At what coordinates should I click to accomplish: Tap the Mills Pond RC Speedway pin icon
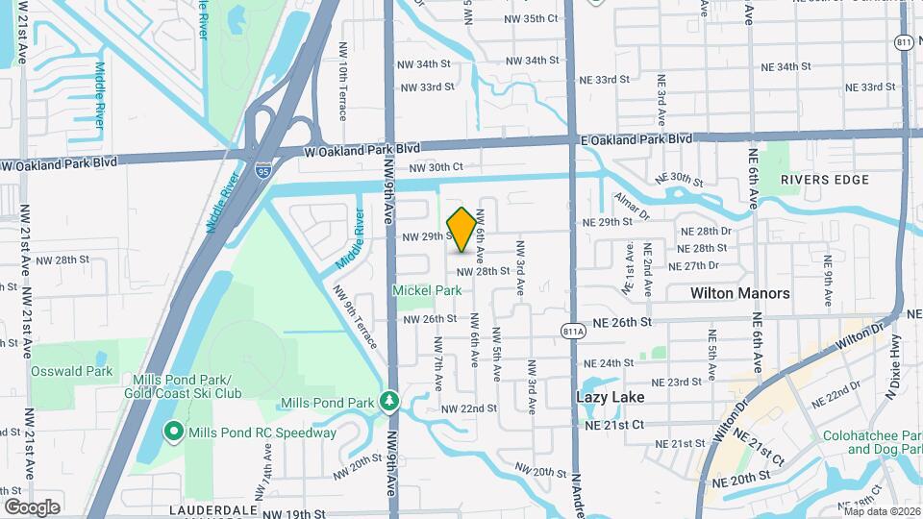(x=174, y=432)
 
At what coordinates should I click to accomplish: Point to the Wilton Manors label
(x=740, y=293)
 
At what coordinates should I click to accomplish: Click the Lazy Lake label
(x=610, y=396)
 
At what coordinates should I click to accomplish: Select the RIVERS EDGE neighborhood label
(x=824, y=180)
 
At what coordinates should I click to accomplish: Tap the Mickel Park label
(x=425, y=290)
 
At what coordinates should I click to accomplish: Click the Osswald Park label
(x=71, y=371)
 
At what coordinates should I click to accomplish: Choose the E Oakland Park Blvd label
(x=636, y=139)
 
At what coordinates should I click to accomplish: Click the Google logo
(x=31, y=507)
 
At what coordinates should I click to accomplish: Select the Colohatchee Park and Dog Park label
(x=872, y=442)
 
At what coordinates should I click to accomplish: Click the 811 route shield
(x=904, y=42)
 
